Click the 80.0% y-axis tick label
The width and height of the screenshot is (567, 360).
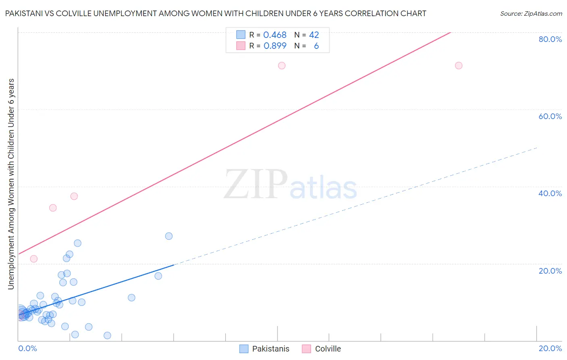pos(550,39)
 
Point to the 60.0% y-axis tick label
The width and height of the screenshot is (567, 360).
pos(550,116)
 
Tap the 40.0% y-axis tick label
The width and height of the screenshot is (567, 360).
pos(550,193)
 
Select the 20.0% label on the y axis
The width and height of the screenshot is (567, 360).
pos(550,271)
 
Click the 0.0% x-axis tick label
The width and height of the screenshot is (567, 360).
pos(28,348)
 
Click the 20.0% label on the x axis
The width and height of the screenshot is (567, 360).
pos(550,348)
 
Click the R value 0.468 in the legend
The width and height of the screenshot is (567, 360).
pos(275,35)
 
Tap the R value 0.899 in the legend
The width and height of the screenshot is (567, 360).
pos(275,46)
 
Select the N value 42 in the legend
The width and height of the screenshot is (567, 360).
pos(314,35)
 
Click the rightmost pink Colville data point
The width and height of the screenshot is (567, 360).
pos(459,65)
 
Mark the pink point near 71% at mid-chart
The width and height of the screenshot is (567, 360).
pos(282,65)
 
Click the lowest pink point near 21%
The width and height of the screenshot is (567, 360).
pos(34,259)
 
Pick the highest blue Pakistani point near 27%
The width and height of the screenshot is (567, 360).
pos(169,236)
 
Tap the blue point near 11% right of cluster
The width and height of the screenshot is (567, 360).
pos(131,297)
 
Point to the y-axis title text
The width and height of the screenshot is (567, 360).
pos(11,184)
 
